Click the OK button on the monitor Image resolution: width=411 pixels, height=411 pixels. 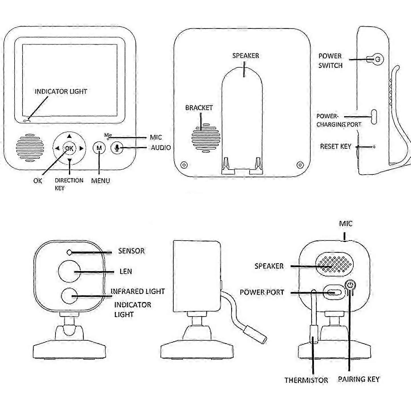click(69, 148)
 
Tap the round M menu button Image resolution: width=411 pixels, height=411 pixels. click(99, 148)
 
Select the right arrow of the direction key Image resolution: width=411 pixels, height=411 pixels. click(81, 148)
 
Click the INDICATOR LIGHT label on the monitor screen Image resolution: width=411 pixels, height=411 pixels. click(61, 92)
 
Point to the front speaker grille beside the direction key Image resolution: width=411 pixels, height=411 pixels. click(30, 148)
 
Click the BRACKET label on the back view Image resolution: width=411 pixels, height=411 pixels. click(199, 108)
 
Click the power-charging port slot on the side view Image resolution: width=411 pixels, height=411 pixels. click(374, 116)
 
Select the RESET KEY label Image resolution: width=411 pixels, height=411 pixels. click(335, 146)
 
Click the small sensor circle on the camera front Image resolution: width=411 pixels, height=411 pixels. click(69, 252)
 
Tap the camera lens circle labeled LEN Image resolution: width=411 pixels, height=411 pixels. click(69, 271)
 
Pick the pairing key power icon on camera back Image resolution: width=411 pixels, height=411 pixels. click(351, 285)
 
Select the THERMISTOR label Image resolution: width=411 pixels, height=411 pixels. click(306, 380)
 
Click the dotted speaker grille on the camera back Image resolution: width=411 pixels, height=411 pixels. click(334, 263)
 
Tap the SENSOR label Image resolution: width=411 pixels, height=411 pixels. click(131, 251)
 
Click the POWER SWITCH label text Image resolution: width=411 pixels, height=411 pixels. click(330, 61)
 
